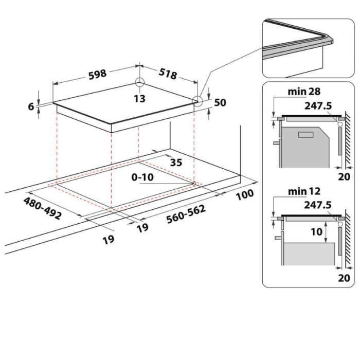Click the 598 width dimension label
pyautogui.click(x=98, y=75)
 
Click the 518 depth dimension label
pyautogui.click(x=168, y=74)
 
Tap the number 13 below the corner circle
pyautogui.click(x=139, y=99)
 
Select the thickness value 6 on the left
pyautogui.click(x=31, y=106)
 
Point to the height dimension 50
pyautogui.click(x=220, y=102)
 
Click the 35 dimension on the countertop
pyautogui.click(x=176, y=163)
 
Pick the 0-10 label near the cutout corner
pyautogui.click(x=142, y=177)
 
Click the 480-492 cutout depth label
pyautogui.click(x=43, y=208)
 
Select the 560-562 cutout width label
pyautogui.click(x=186, y=214)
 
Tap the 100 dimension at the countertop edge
pyautogui.click(x=245, y=195)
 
